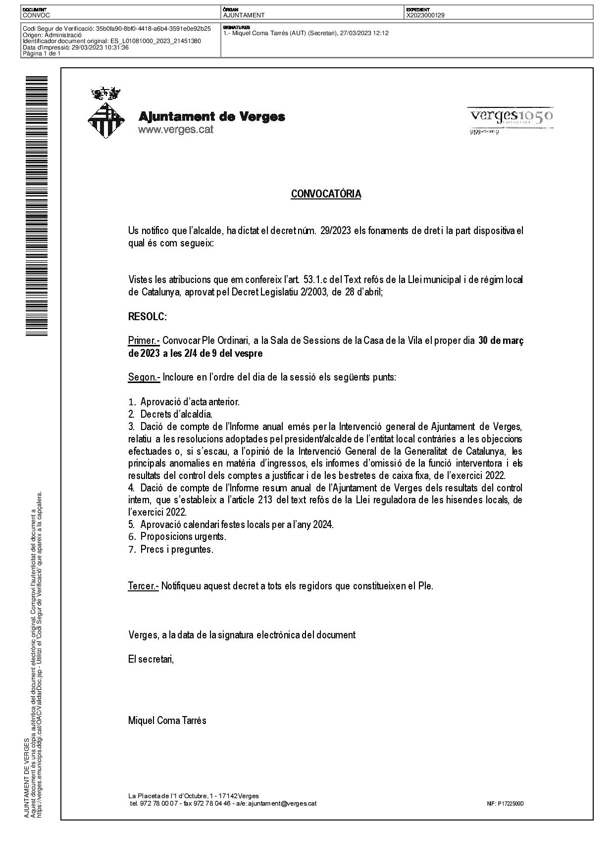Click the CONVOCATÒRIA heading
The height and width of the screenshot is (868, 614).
326,194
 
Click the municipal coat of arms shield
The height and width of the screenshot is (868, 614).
105,120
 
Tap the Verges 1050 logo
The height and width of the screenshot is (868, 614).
511,117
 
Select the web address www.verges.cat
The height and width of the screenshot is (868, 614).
175,130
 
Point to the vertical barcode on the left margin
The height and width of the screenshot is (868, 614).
37,206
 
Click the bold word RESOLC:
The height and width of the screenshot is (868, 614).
147,317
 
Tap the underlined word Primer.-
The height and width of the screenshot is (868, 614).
144,341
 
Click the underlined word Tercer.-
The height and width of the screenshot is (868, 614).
143,586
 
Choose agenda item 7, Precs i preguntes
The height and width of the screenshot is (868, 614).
176,549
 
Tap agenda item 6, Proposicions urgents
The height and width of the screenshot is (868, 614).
183,537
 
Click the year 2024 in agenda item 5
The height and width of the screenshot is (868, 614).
323,525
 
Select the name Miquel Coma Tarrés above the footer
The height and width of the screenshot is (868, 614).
167,721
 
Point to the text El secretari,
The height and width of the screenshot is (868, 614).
151,659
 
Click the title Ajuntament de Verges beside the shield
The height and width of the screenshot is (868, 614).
211,117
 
